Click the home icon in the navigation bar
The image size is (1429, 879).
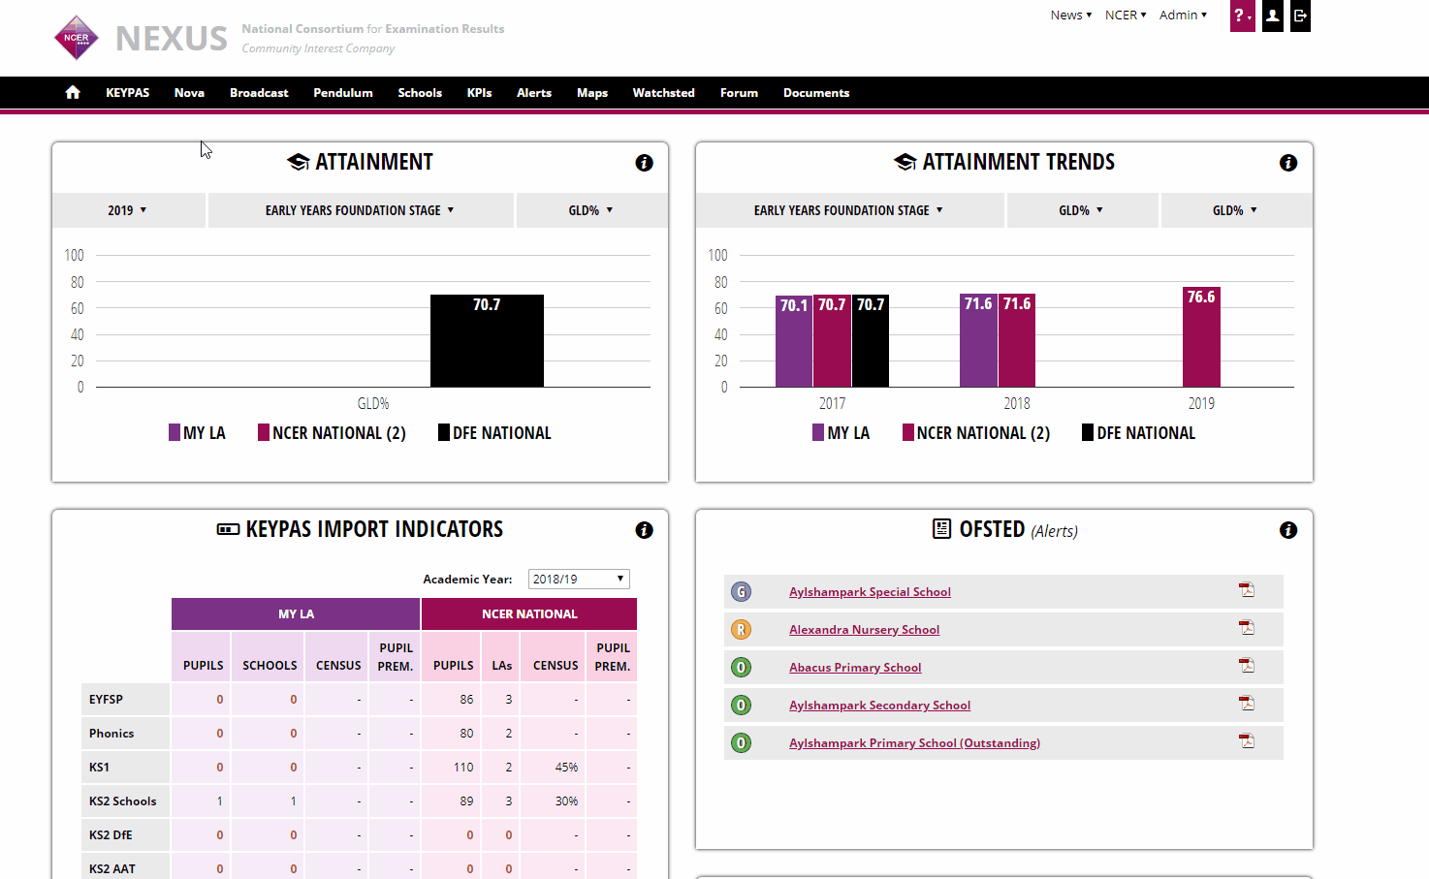[73, 93]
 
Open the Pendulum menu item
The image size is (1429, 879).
[342, 93]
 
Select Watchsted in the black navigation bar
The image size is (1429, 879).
[663, 93]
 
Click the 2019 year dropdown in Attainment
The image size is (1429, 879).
[127, 210]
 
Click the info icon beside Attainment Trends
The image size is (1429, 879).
[1287, 163]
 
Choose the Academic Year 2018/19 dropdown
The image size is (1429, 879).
[579, 579]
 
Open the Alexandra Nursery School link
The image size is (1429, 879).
[864, 630]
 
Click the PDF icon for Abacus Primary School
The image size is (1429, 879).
[1247, 666]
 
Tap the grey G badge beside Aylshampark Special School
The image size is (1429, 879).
[741, 591]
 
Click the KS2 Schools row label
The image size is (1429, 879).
[123, 801]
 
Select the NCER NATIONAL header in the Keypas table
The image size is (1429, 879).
[529, 613]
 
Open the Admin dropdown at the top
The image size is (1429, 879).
[1183, 16]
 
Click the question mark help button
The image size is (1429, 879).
[1241, 16]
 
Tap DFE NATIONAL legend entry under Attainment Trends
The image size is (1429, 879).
[1138, 433]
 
